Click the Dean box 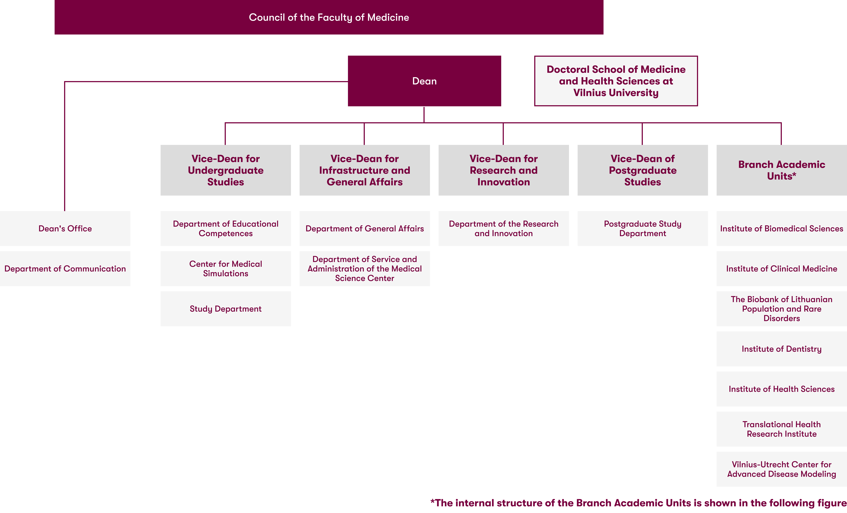(x=424, y=81)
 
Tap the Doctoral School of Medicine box (x=616, y=81)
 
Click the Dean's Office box (x=65, y=228)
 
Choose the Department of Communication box (x=65, y=268)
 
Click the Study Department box (x=225, y=309)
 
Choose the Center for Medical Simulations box (x=225, y=268)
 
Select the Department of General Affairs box (x=364, y=228)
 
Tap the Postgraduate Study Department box (x=642, y=228)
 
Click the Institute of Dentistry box (x=781, y=349)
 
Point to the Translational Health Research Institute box (x=781, y=429)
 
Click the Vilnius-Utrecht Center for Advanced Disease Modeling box (x=781, y=469)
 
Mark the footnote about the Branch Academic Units (x=638, y=503)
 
